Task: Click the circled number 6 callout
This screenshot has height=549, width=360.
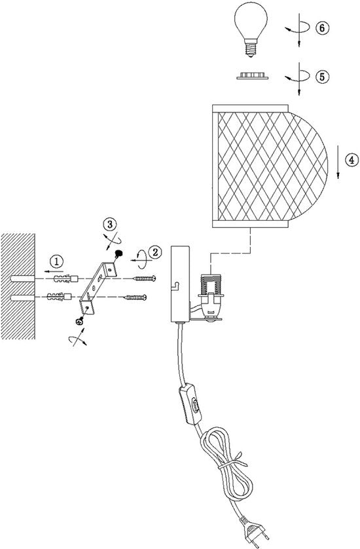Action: coord(322,28)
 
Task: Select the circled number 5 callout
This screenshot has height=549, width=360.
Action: coord(322,76)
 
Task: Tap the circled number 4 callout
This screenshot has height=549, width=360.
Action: coord(351,160)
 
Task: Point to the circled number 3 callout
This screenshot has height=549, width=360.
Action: coord(110,224)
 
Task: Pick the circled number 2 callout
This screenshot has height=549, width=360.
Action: coord(155,251)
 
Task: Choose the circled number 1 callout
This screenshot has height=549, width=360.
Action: coord(57,261)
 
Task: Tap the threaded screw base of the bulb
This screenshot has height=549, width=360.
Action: coord(250,48)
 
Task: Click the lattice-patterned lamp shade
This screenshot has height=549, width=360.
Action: coord(270,166)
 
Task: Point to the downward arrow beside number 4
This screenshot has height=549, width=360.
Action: coord(338,163)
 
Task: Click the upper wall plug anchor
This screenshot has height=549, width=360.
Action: coord(66,279)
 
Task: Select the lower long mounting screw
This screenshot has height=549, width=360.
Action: coord(135,297)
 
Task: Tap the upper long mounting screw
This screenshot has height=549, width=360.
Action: coord(144,278)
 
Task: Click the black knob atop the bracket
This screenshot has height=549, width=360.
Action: coord(119,253)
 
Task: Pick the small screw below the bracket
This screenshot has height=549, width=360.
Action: coord(79,321)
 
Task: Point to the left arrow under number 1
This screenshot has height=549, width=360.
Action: coord(54,271)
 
